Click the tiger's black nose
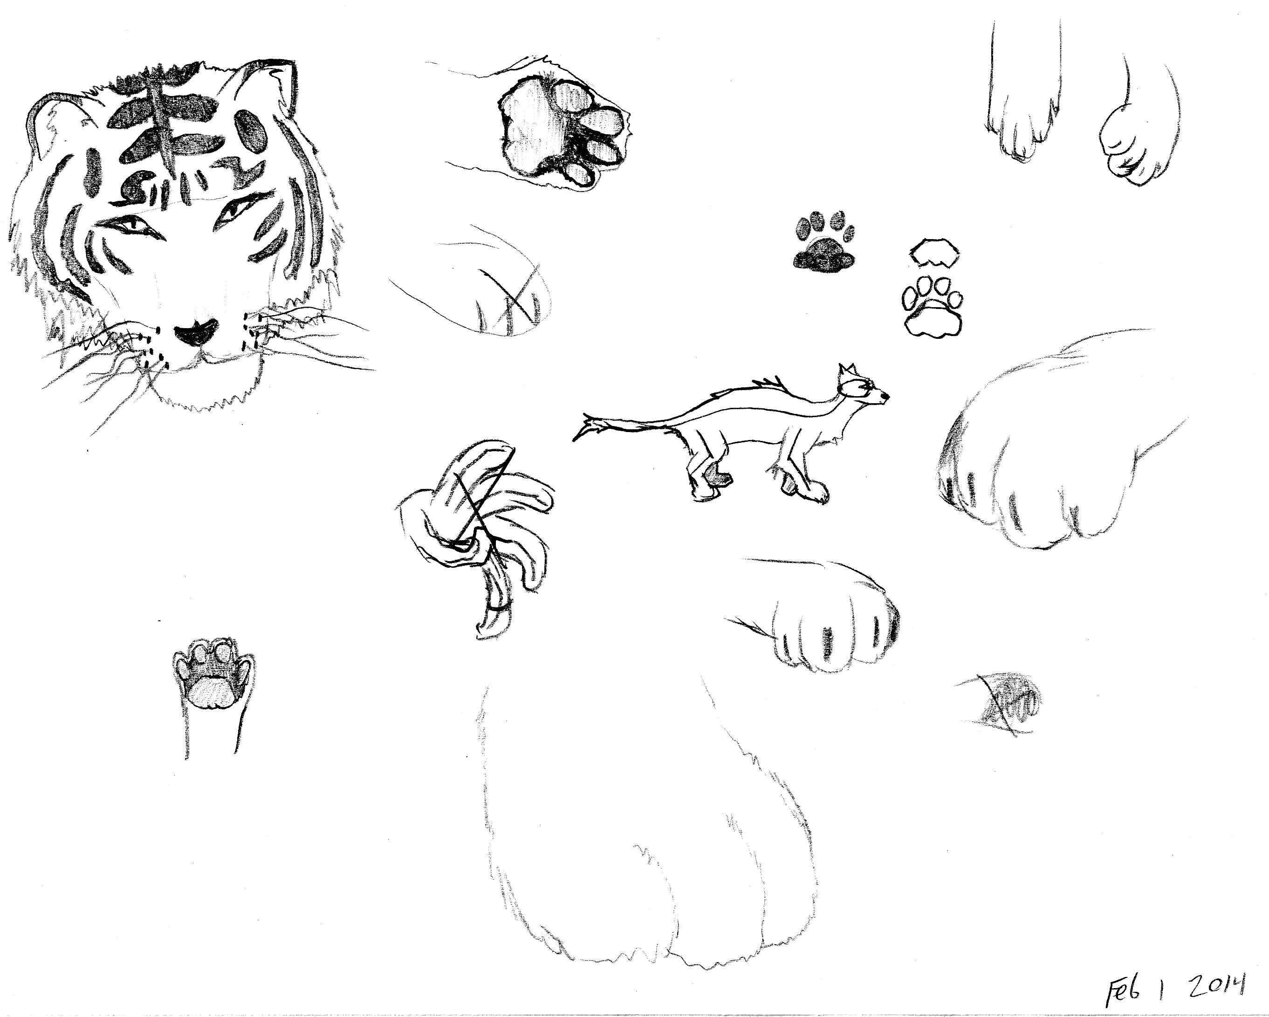[x=195, y=334]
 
